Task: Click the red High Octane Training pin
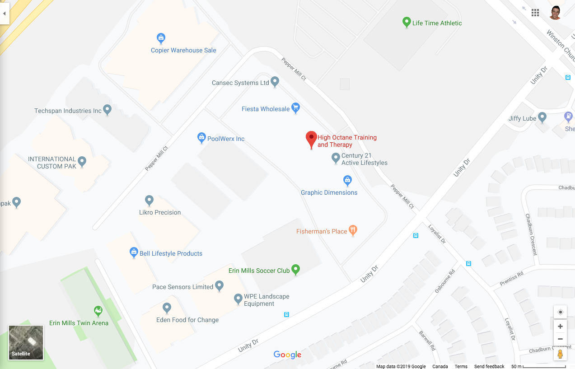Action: click(311, 138)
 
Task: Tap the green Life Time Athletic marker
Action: click(406, 22)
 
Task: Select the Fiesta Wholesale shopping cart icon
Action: click(295, 107)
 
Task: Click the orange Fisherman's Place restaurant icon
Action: click(353, 230)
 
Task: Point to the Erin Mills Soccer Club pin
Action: click(295, 270)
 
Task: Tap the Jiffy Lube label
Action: click(523, 118)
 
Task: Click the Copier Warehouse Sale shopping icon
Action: click(160, 38)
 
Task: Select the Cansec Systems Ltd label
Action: click(240, 83)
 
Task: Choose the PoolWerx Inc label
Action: click(226, 139)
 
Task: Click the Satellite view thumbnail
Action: click(26, 342)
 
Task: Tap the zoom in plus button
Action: click(560, 326)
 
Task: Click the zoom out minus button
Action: click(560, 339)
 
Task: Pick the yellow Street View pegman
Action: click(560, 354)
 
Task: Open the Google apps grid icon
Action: click(535, 13)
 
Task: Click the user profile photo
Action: click(555, 13)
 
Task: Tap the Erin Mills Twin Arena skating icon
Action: click(98, 311)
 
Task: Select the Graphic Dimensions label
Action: click(329, 192)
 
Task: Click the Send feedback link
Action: click(489, 366)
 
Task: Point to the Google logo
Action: click(287, 355)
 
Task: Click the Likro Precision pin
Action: click(149, 200)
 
